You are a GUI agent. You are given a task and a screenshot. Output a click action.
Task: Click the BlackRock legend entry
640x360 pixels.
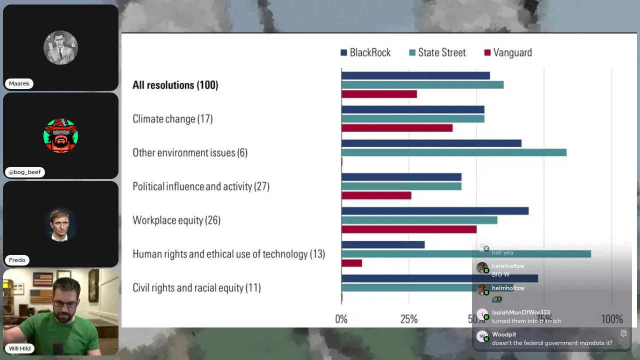click(x=365, y=52)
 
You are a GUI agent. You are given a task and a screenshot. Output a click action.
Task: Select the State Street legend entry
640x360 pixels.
click(x=437, y=52)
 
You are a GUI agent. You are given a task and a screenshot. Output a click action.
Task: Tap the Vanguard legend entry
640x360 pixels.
click(x=508, y=52)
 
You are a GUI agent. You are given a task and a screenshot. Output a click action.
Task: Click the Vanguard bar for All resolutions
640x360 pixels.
click(x=379, y=94)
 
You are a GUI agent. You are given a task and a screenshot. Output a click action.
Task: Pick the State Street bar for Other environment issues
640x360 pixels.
click(x=453, y=152)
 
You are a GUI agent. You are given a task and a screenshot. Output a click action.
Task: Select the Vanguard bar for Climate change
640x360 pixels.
click(x=397, y=128)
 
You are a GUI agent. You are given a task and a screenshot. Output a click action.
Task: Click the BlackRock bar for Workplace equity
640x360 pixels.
click(x=434, y=211)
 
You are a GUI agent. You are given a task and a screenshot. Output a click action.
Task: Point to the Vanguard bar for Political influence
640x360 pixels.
click(x=376, y=195)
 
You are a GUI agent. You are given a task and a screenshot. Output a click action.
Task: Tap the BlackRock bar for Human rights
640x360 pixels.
click(x=383, y=244)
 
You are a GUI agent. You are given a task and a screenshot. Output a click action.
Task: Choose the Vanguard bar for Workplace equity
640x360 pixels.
click(x=408, y=229)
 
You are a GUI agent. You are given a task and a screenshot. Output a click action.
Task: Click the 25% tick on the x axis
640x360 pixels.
click(x=409, y=319)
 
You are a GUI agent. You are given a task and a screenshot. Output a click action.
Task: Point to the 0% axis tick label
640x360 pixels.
click(x=341, y=319)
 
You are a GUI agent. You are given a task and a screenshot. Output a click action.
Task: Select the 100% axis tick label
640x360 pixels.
click(x=611, y=319)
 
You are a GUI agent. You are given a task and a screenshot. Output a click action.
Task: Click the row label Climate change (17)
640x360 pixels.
click(x=172, y=119)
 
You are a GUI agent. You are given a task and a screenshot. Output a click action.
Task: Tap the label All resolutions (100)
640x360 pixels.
click(x=175, y=85)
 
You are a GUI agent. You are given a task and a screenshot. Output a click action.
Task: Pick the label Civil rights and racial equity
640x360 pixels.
click(x=196, y=288)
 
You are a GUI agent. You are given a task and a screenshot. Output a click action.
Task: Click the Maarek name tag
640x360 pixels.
click(x=19, y=83)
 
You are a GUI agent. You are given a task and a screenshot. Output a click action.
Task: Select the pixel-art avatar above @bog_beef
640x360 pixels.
click(x=60, y=135)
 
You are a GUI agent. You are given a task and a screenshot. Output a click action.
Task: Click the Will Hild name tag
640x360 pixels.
click(x=20, y=348)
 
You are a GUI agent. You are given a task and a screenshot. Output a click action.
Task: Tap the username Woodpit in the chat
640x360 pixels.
click(x=504, y=334)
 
